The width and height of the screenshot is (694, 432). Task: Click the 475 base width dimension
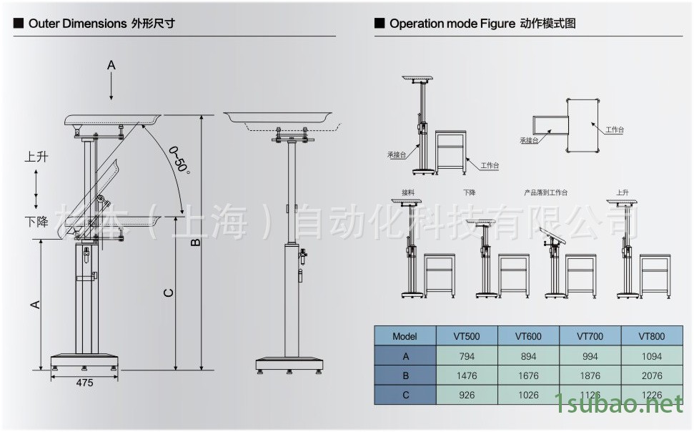coord(84,383)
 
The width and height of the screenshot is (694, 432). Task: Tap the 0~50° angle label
coord(179,159)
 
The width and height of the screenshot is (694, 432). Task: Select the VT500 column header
coord(467,336)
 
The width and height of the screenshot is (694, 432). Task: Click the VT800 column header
coord(651,336)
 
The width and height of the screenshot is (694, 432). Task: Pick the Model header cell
coord(405,336)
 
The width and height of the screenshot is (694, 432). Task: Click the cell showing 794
coord(467,356)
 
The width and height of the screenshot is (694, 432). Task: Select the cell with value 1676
coord(528,375)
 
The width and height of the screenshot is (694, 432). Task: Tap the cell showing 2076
coord(651,375)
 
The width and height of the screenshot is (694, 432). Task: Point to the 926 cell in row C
coord(467,395)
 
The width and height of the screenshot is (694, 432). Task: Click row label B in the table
coord(405,375)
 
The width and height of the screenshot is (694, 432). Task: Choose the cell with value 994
coord(590,356)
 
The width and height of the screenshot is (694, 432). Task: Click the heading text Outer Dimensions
coord(77,24)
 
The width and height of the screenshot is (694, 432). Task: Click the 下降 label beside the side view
coord(36,222)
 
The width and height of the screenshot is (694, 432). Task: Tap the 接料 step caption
coord(408,192)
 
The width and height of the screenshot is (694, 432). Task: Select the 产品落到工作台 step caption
coord(545,192)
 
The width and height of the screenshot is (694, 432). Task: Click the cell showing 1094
coord(651,356)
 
